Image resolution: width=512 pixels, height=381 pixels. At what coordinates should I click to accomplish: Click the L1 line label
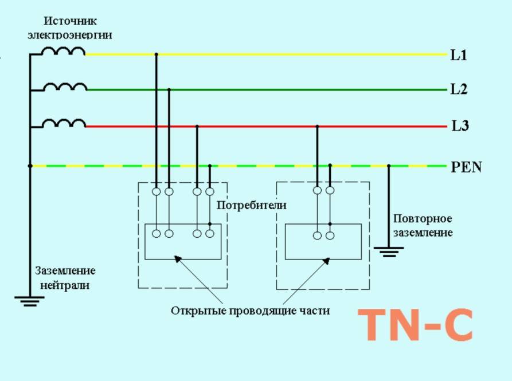459,56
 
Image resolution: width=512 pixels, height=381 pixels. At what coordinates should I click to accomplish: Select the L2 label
459,90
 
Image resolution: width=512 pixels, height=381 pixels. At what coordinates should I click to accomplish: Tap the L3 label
460,126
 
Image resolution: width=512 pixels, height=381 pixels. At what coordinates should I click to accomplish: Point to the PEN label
466,167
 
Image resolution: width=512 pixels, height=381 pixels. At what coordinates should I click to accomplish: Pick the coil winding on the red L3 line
64,123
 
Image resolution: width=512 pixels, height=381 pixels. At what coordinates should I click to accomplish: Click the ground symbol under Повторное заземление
389,251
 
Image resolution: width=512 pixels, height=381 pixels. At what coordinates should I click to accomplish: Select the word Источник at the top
71,21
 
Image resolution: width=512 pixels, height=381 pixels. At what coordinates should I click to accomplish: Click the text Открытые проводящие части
251,311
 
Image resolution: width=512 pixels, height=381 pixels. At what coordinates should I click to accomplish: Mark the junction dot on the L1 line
156,54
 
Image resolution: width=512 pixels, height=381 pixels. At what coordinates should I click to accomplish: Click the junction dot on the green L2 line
169,89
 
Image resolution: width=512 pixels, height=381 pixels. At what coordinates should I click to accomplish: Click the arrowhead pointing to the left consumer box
178,260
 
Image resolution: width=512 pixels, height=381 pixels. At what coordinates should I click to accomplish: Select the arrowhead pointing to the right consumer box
326,261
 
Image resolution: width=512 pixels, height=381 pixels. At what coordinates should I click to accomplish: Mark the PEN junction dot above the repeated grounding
389,166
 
